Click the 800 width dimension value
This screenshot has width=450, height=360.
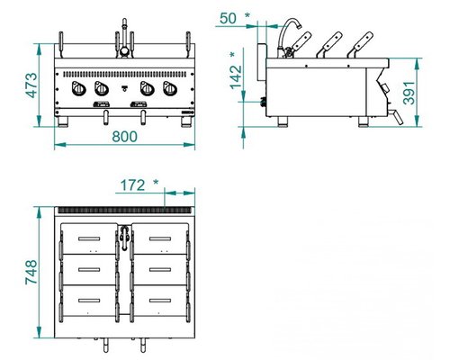coord(124,137)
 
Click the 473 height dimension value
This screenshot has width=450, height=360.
coord(31,85)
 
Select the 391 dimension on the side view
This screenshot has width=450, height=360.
coord(409,93)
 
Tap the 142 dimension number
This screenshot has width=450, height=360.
coord(237,77)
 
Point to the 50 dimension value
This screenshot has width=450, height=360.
coord(228,19)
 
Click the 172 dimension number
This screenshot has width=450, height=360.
coord(132,185)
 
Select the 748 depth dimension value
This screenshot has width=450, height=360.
coord(31,272)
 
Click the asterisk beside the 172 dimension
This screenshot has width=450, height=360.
coord(156,183)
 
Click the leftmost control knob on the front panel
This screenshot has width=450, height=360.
coord(79,89)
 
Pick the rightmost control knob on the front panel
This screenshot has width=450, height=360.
coord(170,89)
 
